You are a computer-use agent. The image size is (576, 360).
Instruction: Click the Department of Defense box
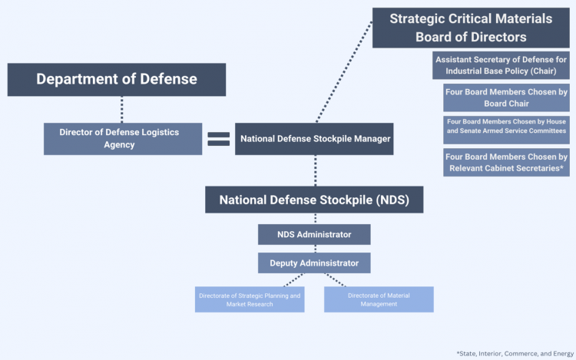pos(117,79)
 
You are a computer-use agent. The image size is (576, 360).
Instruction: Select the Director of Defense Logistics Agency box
pos(123,139)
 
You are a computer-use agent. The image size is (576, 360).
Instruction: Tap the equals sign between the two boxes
pos(219,139)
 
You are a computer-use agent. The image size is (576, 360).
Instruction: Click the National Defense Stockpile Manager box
pos(315,139)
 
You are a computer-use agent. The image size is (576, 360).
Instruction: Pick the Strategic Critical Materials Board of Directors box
pos(471,28)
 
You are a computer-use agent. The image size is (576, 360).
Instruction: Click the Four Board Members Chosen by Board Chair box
pos(506,97)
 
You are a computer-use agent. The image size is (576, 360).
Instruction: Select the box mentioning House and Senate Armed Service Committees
pos(506,130)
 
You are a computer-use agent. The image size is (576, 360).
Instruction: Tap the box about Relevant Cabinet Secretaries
pos(506,163)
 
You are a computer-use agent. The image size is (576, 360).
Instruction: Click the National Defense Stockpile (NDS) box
pos(314,200)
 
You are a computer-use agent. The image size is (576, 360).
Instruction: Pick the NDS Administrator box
pos(314,234)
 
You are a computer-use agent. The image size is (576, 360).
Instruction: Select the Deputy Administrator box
pos(314,263)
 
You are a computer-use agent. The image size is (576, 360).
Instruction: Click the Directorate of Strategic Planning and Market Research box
pos(250,299)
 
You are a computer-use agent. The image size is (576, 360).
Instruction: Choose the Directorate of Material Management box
pos(379,299)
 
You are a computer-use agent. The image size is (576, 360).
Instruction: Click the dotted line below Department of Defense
pos(122,109)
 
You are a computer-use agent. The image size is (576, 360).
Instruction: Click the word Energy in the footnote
pos(558,352)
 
